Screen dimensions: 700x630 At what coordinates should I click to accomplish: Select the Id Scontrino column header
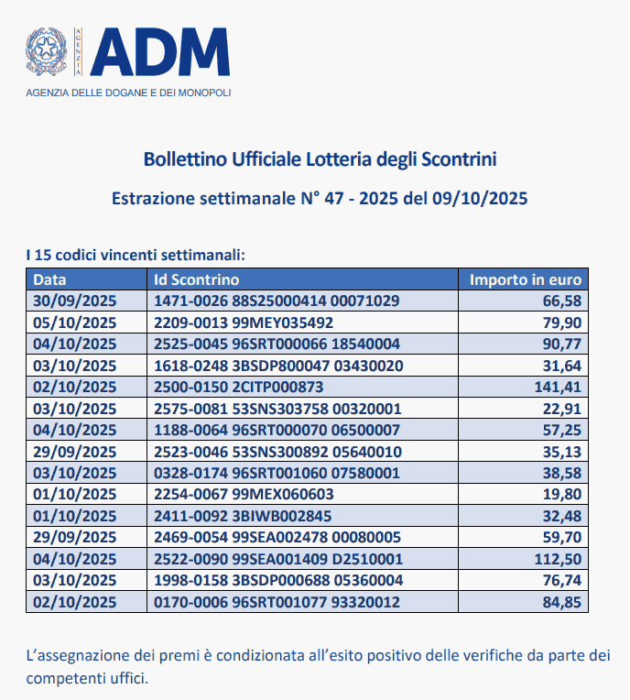point(196,279)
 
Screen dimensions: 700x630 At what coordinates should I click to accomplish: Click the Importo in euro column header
point(525,279)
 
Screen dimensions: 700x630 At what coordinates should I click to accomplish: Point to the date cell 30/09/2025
point(74,301)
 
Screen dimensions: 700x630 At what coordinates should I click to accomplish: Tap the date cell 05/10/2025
point(74,323)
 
